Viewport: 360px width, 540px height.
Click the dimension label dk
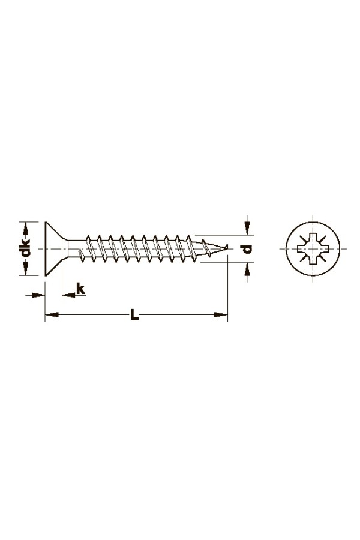pyautogui.click(x=25, y=248)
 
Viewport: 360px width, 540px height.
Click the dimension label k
pyautogui.click(x=80, y=289)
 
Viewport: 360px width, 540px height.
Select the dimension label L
pyautogui.click(x=134, y=315)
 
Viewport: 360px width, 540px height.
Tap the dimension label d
pyautogui.click(x=247, y=248)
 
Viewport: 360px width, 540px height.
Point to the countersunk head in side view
pyautogui.click(x=54, y=248)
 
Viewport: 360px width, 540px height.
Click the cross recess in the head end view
pyautogui.click(x=313, y=248)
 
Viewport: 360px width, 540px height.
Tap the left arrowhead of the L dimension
pyautogui.click(x=52, y=315)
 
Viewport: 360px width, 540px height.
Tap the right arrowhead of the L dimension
pyautogui.click(x=220, y=315)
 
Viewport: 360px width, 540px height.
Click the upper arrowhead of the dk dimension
pyautogui.click(x=25, y=229)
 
